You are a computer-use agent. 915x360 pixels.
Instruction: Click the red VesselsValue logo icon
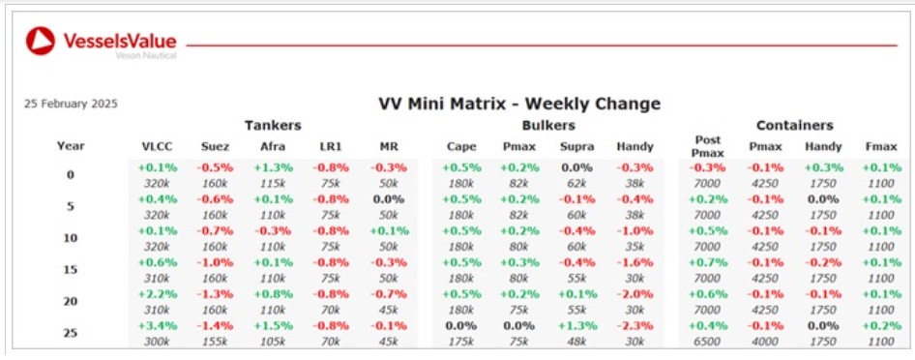point(41,42)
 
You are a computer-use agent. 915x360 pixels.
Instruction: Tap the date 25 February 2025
point(71,105)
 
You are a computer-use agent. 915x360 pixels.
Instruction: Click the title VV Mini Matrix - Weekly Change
point(519,104)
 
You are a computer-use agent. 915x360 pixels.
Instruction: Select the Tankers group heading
point(273,125)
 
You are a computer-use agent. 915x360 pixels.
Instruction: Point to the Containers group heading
point(795,125)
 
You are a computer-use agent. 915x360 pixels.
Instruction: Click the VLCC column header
point(157,146)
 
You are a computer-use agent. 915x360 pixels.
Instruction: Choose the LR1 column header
point(330,146)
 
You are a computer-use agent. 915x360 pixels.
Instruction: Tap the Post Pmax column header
point(707,146)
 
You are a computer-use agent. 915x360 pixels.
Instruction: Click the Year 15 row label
point(71,270)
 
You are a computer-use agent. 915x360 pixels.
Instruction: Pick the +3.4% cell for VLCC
point(157,325)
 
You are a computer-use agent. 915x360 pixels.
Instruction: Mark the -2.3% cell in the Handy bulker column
point(635,325)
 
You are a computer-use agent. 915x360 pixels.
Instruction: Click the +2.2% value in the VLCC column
point(157,294)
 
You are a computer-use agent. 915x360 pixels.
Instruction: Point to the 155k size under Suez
point(214,342)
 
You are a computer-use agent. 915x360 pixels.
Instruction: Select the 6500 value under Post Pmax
point(707,342)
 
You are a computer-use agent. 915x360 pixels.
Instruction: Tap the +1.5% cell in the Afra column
point(273,325)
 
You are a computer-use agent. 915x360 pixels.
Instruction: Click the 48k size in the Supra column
point(577,342)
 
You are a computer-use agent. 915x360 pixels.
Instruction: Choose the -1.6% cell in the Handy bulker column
point(635,262)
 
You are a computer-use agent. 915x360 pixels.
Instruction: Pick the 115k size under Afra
point(273,183)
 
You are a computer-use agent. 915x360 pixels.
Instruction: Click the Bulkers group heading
point(548,125)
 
